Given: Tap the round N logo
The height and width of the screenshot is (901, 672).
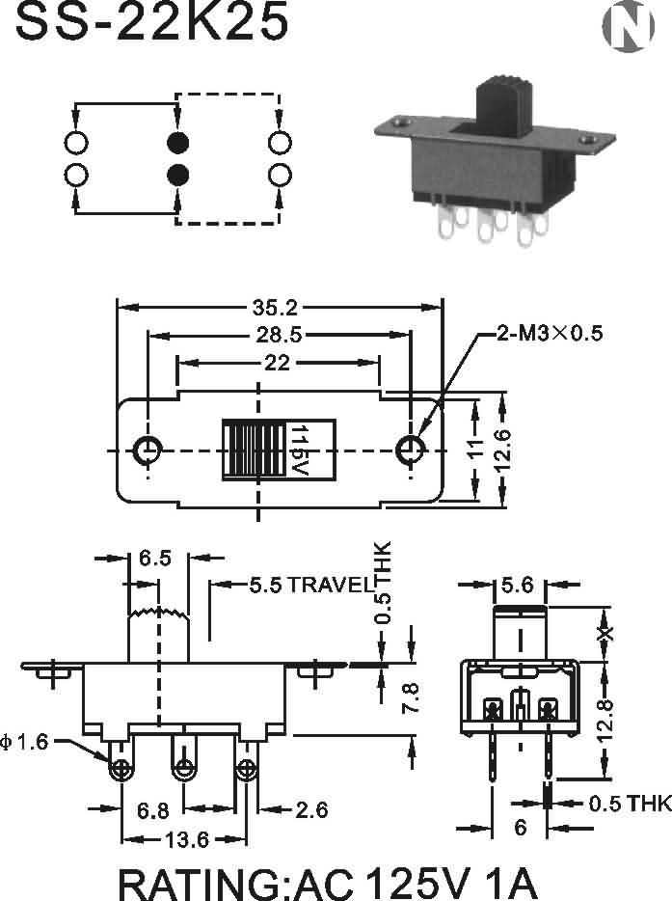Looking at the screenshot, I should point(627,28).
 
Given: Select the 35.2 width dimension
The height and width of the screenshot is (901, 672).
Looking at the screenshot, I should point(275,308).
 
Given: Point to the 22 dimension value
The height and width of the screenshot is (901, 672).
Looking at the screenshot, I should point(278,363).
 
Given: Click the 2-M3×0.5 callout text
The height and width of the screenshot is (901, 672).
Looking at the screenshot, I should point(550,335).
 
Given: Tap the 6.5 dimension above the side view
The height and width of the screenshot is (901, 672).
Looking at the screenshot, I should point(155,558).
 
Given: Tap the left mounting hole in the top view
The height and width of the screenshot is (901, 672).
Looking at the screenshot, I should point(147,450).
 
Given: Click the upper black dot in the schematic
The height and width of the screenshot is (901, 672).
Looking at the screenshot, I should point(177,143).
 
